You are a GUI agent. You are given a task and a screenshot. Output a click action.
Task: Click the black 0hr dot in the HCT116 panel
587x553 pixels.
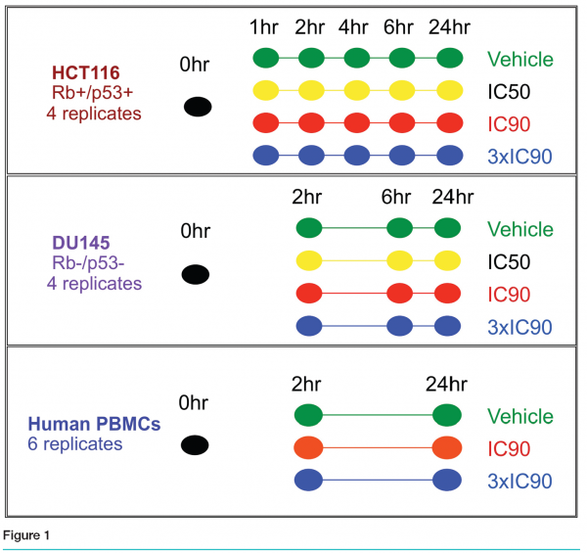coord(198,107)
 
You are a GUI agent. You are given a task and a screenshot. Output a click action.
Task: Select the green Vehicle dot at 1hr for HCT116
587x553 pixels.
coord(266,58)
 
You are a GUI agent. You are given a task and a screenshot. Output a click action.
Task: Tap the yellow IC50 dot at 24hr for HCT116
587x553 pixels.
coord(450,91)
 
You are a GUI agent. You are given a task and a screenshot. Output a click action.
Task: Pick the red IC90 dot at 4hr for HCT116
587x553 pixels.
coord(357,122)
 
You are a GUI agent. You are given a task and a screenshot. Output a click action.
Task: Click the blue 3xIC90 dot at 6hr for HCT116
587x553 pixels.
coord(402,156)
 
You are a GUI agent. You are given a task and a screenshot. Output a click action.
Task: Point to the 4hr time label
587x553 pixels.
coord(353,27)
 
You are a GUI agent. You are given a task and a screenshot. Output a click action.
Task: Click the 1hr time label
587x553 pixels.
coord(264,27)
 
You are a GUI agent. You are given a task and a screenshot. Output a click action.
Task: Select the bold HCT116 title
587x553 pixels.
coord(86,72)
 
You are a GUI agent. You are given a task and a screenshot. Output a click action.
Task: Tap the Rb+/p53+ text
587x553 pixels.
coord(93,93)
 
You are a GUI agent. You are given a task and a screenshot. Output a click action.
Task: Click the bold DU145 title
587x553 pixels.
coord(81,243)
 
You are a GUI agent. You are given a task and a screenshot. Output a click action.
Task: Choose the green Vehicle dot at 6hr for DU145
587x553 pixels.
coord(400,228)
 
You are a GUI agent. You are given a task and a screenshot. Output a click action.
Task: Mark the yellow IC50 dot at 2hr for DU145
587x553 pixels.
coord(309,260)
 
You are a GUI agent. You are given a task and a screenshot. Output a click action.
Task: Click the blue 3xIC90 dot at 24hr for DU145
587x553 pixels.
coord(447,326)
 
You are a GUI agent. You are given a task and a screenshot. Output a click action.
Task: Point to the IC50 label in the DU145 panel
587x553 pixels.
coord(509,261)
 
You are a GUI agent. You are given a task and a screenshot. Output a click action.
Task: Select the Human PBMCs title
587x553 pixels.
coord(94,424)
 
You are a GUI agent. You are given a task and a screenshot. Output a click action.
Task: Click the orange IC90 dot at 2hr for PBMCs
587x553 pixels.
coord(308,447)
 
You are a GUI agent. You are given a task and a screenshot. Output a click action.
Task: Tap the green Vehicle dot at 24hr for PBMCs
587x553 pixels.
coord(447,415)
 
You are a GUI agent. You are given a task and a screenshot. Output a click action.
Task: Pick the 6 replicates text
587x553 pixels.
coord(75,444)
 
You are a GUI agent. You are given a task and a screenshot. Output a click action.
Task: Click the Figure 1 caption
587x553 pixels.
coord(26,535)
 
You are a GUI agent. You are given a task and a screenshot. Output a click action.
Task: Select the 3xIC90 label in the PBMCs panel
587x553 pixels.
coord(519,482)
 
